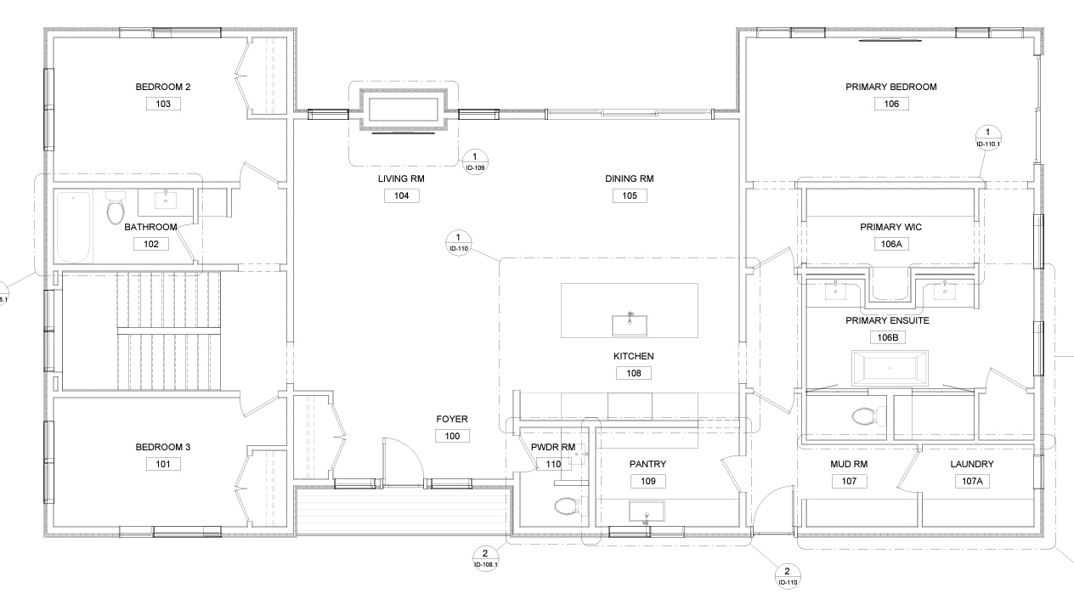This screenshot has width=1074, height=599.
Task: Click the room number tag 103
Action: (163, 104)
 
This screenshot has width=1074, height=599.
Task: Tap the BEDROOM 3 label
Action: (163, 447)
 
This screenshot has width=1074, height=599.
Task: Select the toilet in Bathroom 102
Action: (115, 208)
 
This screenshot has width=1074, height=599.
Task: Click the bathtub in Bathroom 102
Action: (73, 227)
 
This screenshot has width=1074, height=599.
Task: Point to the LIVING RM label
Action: (401, 179)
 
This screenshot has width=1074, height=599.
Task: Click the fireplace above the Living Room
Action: (404, 110)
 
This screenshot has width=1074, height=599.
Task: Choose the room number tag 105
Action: (630, 195)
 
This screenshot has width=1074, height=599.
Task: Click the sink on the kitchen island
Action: (630, 325)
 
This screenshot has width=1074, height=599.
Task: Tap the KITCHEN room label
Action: (633, 356)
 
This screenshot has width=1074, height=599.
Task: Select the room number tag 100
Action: (452, 436)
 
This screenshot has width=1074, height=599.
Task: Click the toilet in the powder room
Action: (568, 506)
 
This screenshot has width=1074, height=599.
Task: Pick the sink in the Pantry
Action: (647, 512)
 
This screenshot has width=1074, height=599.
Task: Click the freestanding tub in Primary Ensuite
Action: (890, 368)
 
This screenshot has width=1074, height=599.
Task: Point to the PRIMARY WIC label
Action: (890, 228)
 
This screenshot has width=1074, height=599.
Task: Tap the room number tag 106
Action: (891, 104)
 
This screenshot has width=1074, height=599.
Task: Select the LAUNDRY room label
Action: (972, 464)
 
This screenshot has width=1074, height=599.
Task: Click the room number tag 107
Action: (849, 481)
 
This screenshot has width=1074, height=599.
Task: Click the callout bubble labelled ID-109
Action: (475, 161)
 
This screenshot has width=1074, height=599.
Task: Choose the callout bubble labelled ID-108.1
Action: (485, 558)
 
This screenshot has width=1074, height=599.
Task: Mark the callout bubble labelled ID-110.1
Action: (987, 137)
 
